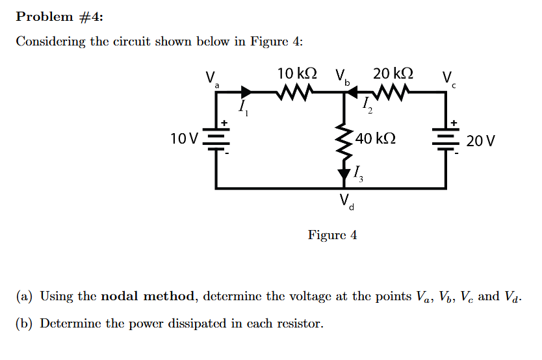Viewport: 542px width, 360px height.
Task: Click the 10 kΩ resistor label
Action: coord(297,73)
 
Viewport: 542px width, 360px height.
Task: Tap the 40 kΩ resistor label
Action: coord(376,138)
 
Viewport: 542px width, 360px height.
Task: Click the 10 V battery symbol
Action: coord(216,140)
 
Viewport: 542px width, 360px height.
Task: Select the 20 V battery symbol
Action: coord(446,140)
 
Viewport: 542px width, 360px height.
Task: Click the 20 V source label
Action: coord(481,141)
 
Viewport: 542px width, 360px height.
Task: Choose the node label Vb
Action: coord(342,77)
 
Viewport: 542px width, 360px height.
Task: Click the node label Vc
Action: coord(448,79)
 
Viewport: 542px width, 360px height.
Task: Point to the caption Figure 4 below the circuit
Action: coord(332,235)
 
